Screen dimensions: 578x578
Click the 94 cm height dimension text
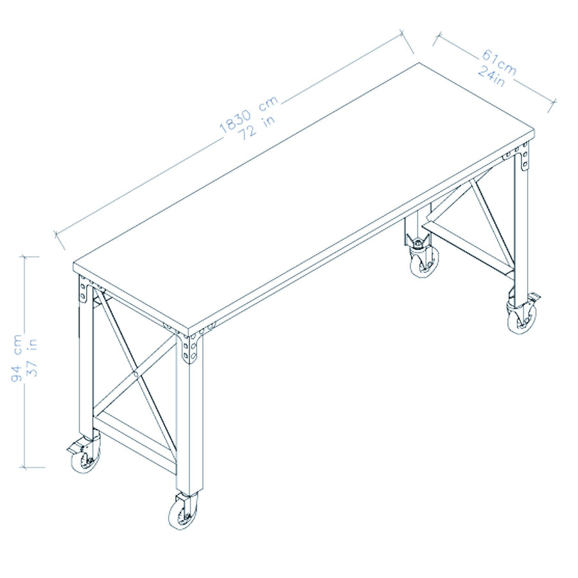(x=17, y=358)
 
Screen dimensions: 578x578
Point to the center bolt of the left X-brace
(x=137, y=375)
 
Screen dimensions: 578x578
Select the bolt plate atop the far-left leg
(x=83, y=290)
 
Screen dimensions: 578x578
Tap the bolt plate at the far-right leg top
(x=524, y=157)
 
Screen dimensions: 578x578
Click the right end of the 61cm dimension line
(x=554, y=103)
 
